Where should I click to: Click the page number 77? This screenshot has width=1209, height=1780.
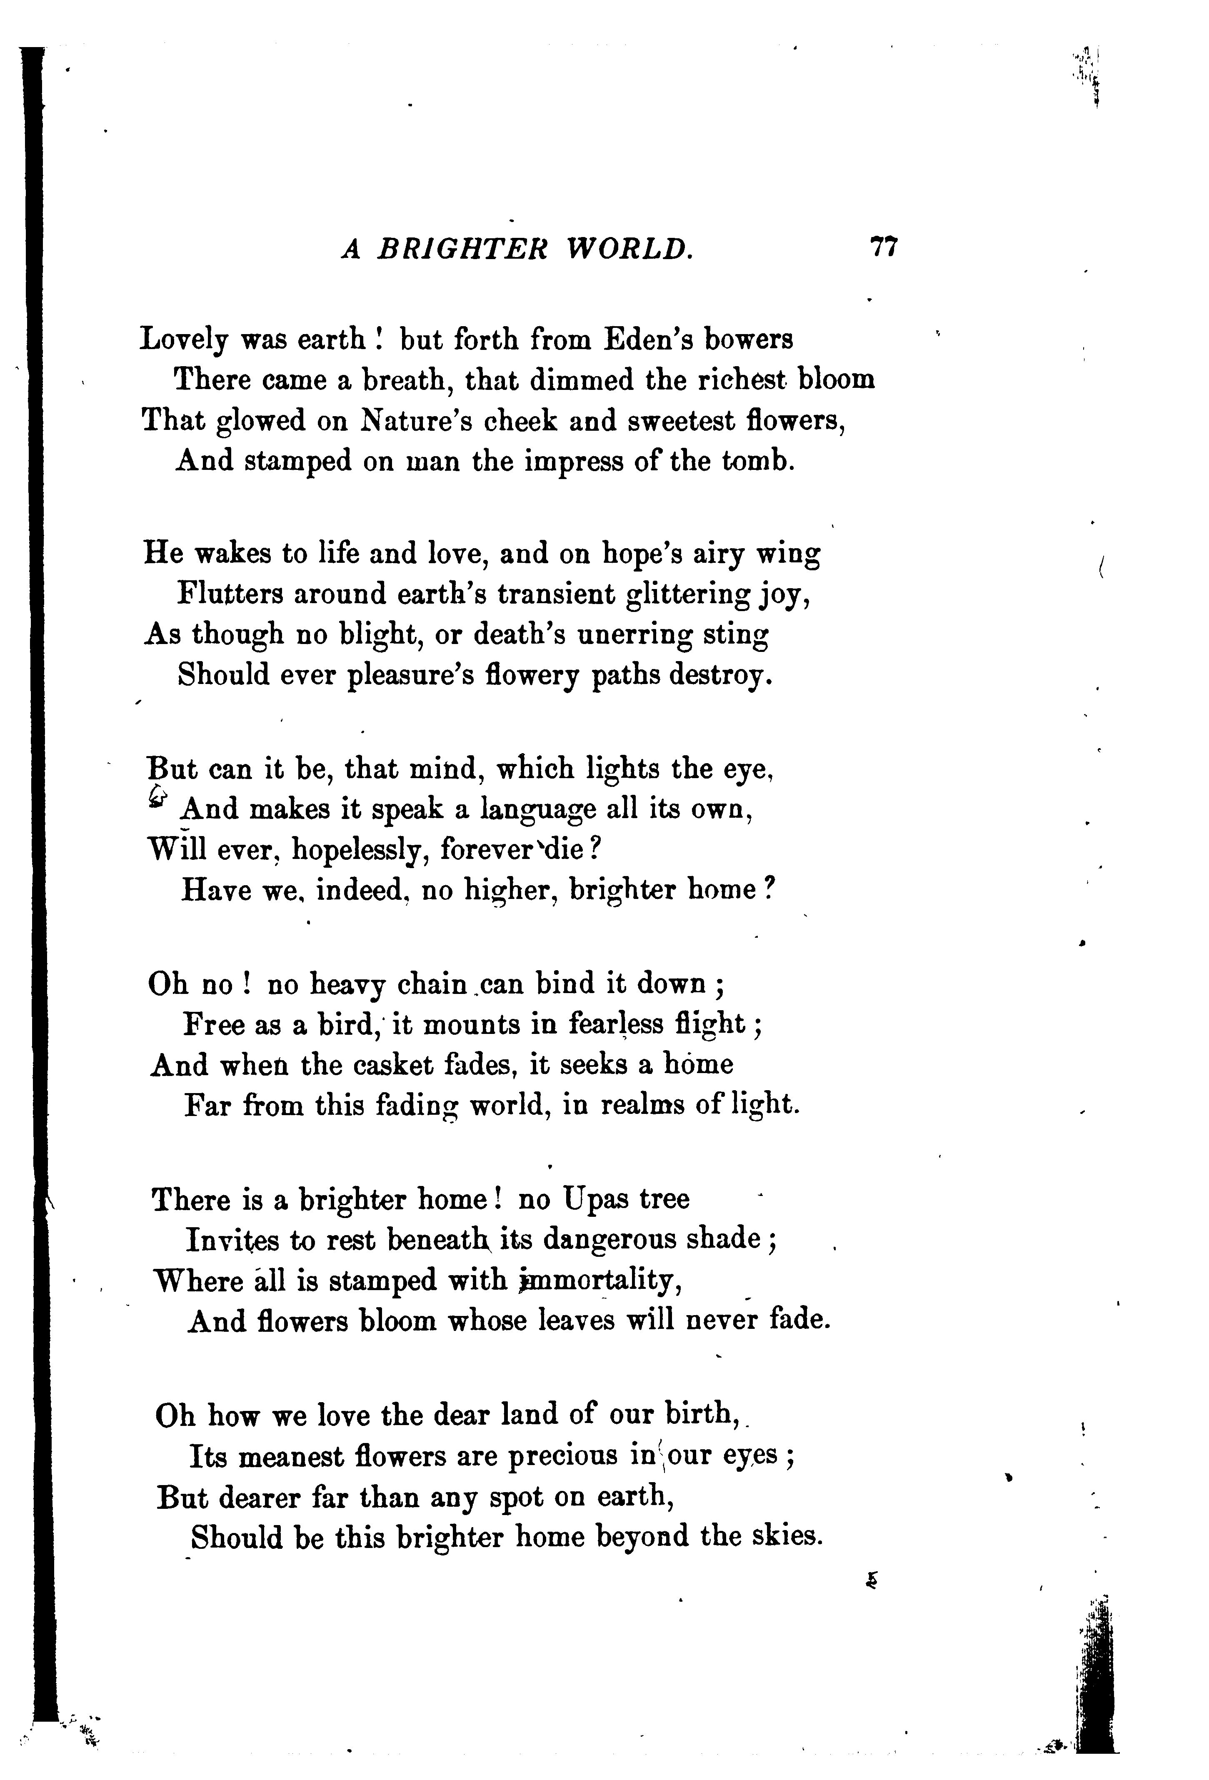pos(883,249)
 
